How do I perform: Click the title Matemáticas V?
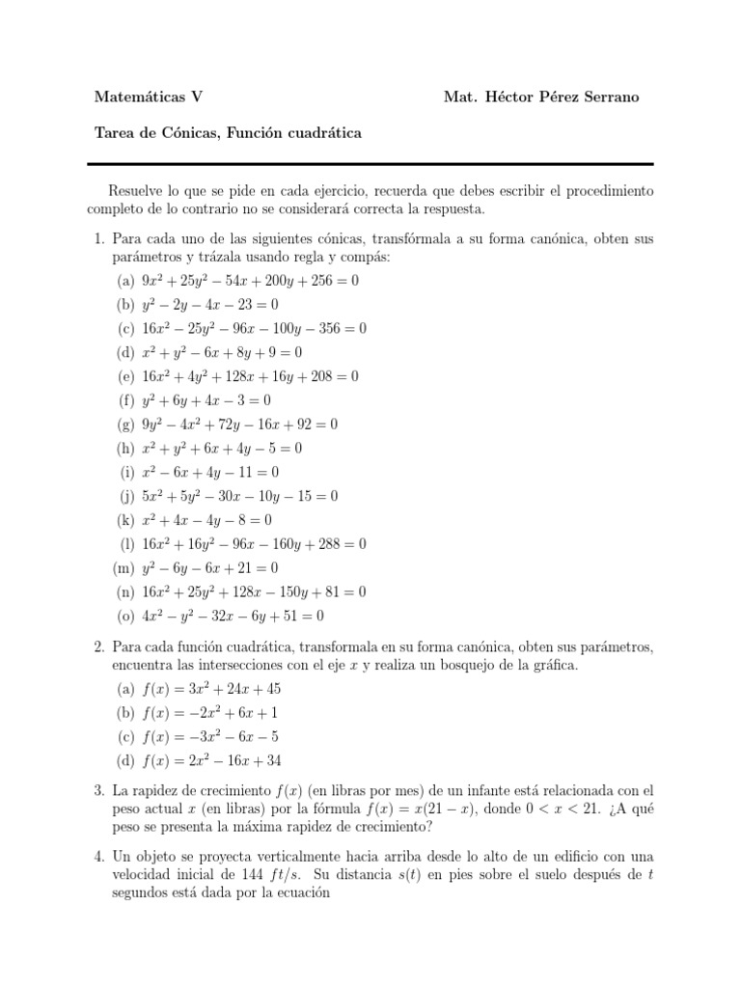[x=148, y=96]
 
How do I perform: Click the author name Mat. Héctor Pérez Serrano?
[x=540, y=96]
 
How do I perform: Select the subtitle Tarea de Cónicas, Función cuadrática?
[x=229, y=133]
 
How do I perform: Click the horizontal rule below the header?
[x=370, y=163]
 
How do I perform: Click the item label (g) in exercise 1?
[x=124, y=425]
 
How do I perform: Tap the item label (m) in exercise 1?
[x=123, y=568]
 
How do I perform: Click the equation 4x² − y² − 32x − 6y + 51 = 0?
[x=233, y=616]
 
